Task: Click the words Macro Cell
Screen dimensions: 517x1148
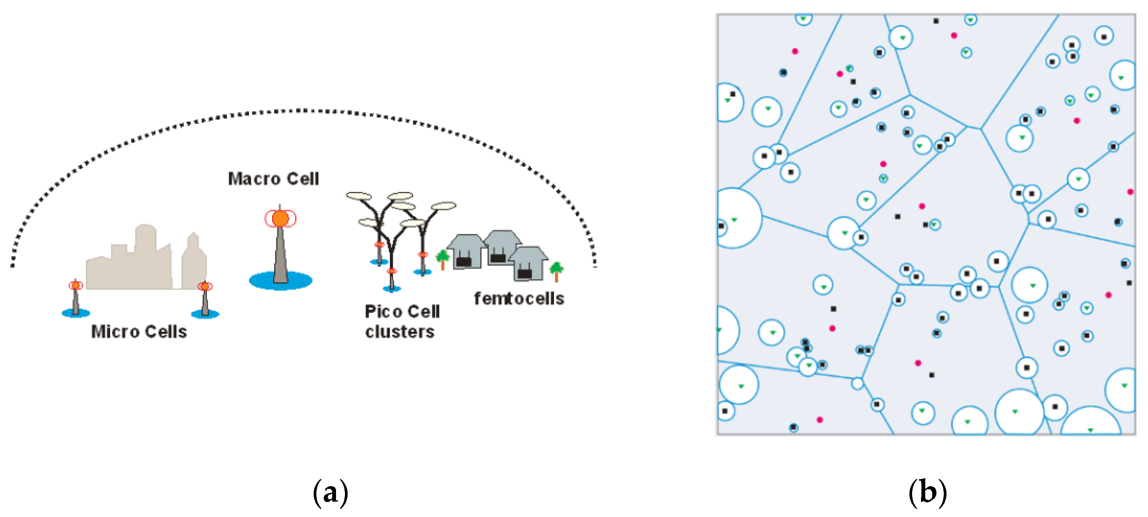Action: point(273,179)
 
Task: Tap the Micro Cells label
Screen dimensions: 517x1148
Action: point(139,332)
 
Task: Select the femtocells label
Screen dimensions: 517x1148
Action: point(519,298)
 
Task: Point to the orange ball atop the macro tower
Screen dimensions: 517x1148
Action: point(280,219)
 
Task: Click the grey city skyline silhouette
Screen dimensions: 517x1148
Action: point(143,263)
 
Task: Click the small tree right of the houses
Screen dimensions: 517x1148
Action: point(556,270)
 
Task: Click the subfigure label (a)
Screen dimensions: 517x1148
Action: point(330,492)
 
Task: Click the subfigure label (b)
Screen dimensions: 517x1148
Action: point(928,492)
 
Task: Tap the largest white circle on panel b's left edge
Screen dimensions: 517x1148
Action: point(735,218)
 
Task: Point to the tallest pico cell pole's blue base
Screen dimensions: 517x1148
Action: point(392,289)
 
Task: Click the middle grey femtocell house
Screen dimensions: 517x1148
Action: point(501,247)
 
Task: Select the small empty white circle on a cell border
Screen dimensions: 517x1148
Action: point(857,383)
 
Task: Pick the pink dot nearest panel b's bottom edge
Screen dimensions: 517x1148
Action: point(820,420)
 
